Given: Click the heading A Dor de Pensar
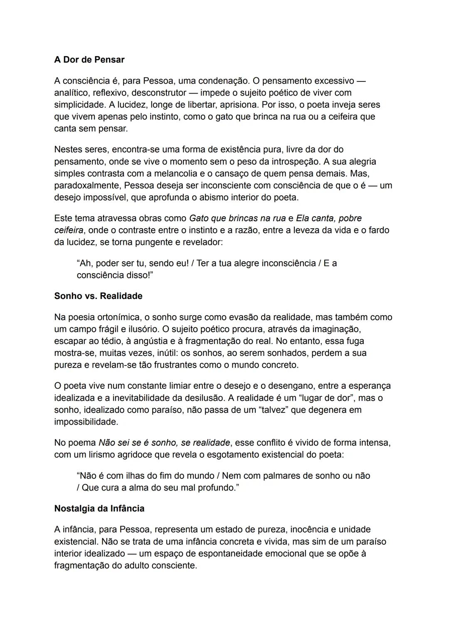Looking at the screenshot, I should [x=89, y=60].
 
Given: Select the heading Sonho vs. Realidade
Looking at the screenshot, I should [x=98, y=296].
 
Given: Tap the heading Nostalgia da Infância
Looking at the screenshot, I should [x=99, y=508].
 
